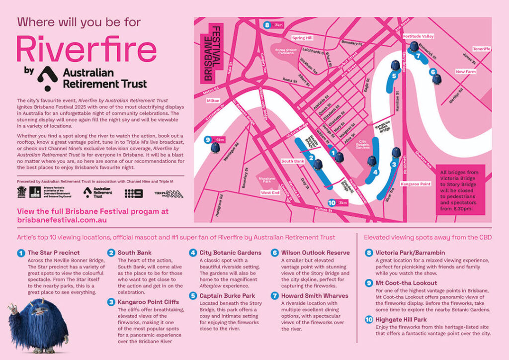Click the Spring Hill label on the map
302,38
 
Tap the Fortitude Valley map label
418,36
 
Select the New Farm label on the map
466,72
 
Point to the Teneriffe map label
481,49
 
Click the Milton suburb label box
213,100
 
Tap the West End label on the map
270,192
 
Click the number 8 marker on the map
267,25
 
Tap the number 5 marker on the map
394,76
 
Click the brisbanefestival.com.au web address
62,219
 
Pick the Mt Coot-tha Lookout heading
401,283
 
